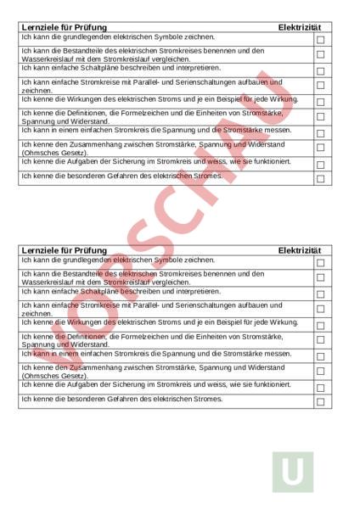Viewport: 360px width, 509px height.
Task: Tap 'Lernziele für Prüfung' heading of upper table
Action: [x=64, y=28]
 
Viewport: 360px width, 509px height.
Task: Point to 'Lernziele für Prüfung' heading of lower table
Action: [x=64, y=250]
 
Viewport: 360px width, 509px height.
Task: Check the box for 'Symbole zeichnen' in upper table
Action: [x=320, y=39]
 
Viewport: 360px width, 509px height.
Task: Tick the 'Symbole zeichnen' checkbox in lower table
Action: [x=320, y=262]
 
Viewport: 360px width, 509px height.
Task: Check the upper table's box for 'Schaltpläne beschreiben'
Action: [x=320, y=69]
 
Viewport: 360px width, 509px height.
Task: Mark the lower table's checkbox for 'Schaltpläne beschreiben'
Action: [x=320, y=292]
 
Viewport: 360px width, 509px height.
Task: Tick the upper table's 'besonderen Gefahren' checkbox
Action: [x=320, y=179]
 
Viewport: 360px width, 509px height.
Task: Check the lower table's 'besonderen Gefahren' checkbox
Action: [x=320, y=401]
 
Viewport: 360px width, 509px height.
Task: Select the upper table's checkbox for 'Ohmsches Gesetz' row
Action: [x=320, y=148]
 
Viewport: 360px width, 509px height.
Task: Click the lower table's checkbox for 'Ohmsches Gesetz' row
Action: [x=320, y=372]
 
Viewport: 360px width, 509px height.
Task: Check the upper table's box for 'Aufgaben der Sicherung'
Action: [x=320, y=164]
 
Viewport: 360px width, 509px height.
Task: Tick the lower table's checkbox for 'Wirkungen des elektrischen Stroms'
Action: [x=320, y=324]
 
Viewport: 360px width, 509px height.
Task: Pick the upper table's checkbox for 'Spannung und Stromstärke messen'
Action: [x=320, y=133]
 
